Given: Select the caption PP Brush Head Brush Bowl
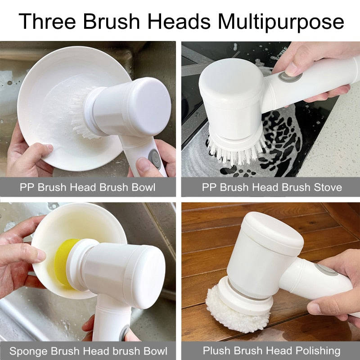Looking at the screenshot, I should click(x=88, y=187).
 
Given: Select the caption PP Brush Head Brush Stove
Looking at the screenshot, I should click(x=272, y=187).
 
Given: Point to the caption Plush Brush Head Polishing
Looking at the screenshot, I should click(x=271, y=351).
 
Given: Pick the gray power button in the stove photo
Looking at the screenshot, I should click(x=284, y=77).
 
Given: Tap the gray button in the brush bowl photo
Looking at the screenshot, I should click(x=154, y=157).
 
